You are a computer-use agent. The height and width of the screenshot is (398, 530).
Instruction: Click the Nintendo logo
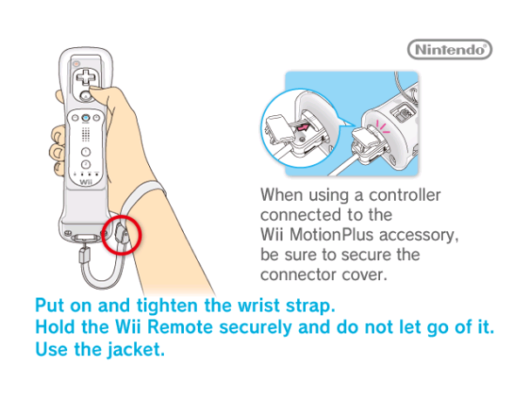(450, 50)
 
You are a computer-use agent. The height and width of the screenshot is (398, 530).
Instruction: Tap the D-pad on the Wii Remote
(85, 77)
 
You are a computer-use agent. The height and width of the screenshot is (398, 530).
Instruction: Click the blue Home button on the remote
(85, 118)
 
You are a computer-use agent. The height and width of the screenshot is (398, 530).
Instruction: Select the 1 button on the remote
(85, 152)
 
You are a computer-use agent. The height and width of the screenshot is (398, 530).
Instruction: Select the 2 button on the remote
(85, 164)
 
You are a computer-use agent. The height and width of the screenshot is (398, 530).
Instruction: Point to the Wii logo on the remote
(85, 182)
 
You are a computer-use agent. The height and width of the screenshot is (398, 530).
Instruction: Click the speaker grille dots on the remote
(85, 134)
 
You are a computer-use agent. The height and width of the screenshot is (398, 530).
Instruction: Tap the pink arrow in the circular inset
(302, 128)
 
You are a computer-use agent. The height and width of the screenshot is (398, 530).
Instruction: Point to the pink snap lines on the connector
(382, 127)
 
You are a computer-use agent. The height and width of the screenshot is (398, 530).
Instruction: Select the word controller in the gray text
(404, 195)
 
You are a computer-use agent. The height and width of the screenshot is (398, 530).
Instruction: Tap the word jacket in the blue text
(136, 349)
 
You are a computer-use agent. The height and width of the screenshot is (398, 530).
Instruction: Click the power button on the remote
(77, 64)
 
